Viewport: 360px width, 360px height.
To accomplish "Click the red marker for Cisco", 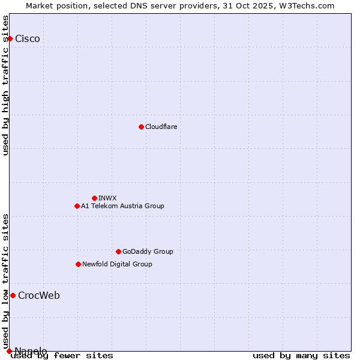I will pyautogui.click(x=10, y=39).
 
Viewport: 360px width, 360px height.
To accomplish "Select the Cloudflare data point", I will pyautogui.click(x=141, y=127).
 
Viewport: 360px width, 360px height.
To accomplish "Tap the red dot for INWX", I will pyautogui.click(x=94, y=198).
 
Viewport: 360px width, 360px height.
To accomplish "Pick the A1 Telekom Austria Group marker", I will pyautogui.click(x=77, y=206).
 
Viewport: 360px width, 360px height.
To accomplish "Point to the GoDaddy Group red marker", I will pyautogui.click(x=118, y=251).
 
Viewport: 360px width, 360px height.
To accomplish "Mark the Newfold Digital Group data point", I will pyautogui.click(x=78, y=264).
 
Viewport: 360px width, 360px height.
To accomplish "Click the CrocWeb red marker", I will pyautogui.click(x=13, y=295).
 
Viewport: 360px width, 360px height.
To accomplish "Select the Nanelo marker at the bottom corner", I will pyautogui.click(x=9, y=351).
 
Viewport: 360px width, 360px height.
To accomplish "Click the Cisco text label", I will pyautogui.click(x=28, y=39).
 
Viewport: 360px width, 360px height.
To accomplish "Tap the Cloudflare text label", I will pyautogui.click(x=161, y=127).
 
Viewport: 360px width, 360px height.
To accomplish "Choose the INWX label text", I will pyautogui.click(x=107, y=198).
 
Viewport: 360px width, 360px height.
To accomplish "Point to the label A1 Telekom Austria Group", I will pyautogui.click(x=122, y=206).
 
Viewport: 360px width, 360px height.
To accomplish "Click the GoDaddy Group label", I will pyautogui.click(x=148, y=251).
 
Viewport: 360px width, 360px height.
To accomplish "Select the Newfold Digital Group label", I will pyautogui.click(x=117, y=264).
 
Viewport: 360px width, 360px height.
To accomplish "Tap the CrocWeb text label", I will pyautogui.click(x=39, y=295).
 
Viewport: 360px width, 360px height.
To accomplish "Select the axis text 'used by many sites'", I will pyautogui.click(x=301, y=356).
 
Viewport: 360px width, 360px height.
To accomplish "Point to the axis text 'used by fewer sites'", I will pyautogui.click(x=62, y=356).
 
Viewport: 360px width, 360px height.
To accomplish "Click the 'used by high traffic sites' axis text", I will pyautogui.click(x=5, y=85).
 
